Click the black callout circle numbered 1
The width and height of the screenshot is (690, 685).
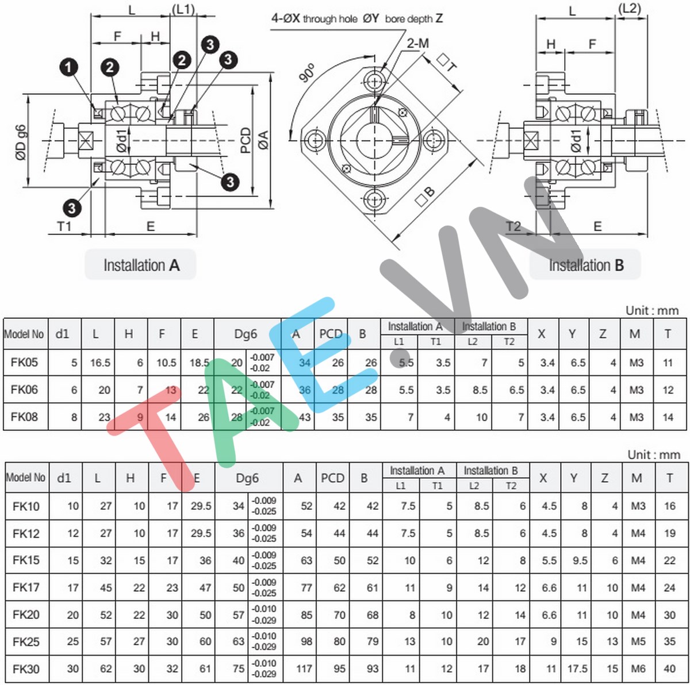coord(68,67)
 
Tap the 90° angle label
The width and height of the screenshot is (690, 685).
coord(308,73)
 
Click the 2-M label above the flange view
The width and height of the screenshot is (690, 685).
coord(417,43)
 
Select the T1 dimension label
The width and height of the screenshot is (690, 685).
coord(64,226)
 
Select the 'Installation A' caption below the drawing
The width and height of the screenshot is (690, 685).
coord(141,265)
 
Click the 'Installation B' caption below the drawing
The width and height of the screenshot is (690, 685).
coord(585,265)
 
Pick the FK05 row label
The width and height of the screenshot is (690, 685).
coord(24,363)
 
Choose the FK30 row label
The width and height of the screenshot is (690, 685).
coord(26,668)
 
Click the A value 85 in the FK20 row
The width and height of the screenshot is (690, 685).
coord(306,615)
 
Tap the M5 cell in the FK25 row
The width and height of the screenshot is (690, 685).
coord(638,641)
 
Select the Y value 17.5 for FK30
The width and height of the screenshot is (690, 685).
coord(577,668)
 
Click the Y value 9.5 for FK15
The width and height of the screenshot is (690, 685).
coord(579,560)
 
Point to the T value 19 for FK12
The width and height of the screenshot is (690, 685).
coord(669,533)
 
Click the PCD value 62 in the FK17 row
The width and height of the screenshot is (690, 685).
coord(339,588)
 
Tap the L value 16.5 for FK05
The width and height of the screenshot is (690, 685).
coord(100,363)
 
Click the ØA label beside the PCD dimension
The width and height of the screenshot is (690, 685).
coord(263,140)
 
